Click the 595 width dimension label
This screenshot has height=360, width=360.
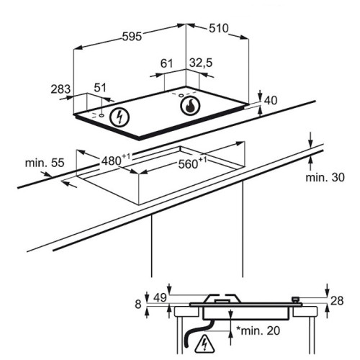pyautogui.click(x=132, y=37)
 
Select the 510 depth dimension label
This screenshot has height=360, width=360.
pyautogui.click(x=219, y=28)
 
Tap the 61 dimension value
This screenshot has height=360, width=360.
pyautogui.click(x=166, y=63)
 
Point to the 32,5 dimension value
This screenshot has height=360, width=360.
pyautogui.click(x=201, y=63)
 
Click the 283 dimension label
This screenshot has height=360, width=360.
pyautogui.click(x=60, y=89)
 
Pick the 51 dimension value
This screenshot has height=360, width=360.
pyautogui.click(x=100, y=88)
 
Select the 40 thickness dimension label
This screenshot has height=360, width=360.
pyautogui.click(x=271, y=101)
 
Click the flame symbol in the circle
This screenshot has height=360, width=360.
pyautogui.click(x=190, y=106)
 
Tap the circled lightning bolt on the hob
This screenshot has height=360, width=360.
pyautogui.click(x=120, y=117)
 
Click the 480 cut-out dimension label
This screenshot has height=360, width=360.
pyautogui.click(x=116, y=160)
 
